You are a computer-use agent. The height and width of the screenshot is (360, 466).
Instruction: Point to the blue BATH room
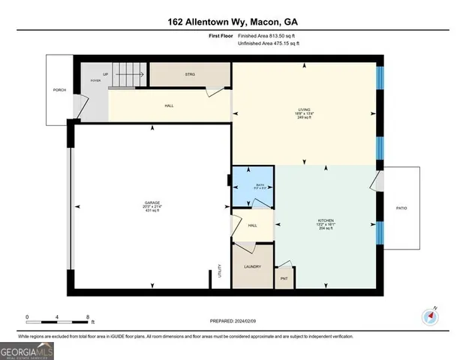[x=253, y=188]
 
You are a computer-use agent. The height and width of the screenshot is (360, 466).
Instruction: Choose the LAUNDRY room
[x=251, y=266]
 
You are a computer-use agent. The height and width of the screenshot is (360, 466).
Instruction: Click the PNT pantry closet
[x=284, y=279]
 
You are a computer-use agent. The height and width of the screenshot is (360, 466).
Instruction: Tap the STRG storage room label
[x=190, y=75]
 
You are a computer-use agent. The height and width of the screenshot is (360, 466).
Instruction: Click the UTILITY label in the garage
[x=220, y=270]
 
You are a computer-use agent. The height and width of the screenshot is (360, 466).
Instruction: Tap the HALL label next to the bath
[x=253, y=225]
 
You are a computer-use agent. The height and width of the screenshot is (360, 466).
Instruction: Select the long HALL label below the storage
[x=170, y=106]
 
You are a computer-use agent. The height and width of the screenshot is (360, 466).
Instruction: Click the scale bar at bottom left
[x=58, y=317]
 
